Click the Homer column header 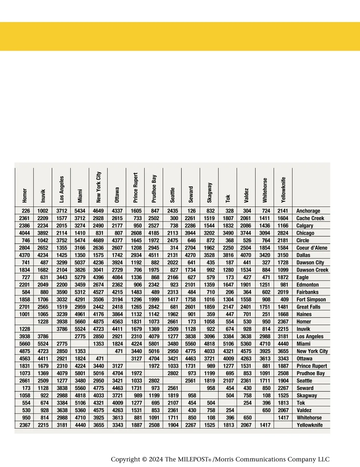25,195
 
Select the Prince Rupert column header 136,187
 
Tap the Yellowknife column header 283,190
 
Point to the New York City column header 99,187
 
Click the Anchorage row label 308,211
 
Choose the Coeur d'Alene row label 312,248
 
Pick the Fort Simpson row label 311,299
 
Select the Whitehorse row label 309,418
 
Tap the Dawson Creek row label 312,270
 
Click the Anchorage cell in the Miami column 80,211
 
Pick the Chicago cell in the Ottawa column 117,233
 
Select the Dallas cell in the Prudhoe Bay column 154,255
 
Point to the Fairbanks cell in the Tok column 229,292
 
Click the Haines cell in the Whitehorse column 266,314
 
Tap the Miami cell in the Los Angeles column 62,344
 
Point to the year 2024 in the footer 156,459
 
